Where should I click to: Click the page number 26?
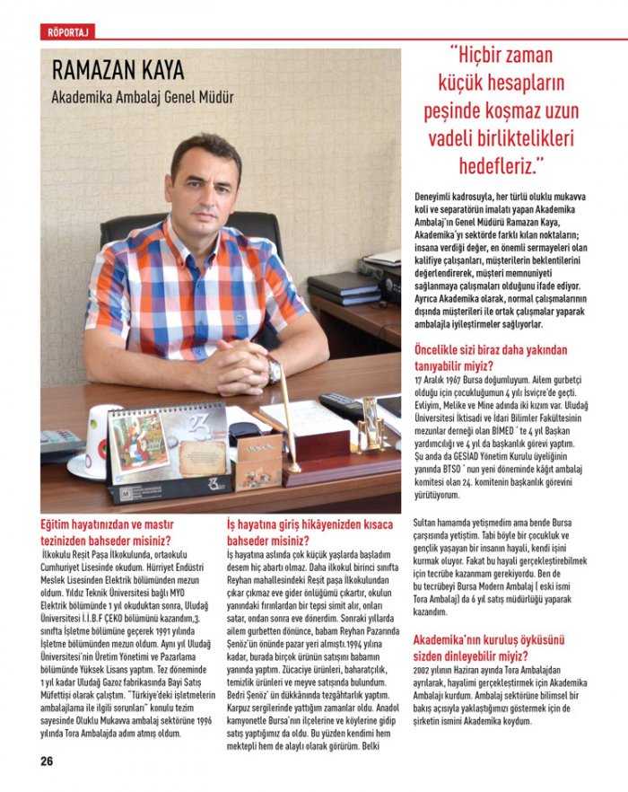click(x=47, y=761)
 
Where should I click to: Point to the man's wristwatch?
click(x=274, y=370)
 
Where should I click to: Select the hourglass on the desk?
click(x=371, y=423)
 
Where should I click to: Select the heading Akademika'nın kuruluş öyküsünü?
click(x=488, y=648)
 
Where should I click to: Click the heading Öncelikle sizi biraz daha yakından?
click(x=492, y=356)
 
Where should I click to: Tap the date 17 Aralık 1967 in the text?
click(x=445, y=380)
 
